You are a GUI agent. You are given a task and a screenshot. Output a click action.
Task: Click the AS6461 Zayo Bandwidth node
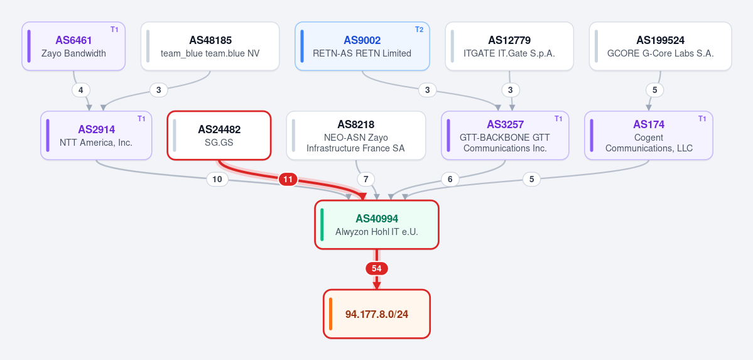(x=73, y=46)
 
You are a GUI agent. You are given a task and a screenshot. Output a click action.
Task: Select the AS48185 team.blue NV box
(x=210, y=46)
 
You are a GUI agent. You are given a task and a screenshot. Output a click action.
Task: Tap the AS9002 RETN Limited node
(x=362, y=46)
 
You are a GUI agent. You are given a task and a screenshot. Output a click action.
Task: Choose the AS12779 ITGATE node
(x=509, y=46)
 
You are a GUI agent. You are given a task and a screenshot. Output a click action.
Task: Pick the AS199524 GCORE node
(x=660, y=46)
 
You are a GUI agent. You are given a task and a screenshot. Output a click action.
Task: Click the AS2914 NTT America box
(x=96, y=136)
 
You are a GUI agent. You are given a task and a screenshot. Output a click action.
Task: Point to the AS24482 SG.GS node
(x=219, y=136)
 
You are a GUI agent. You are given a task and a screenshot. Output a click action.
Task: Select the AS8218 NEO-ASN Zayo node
(x=356, y=136)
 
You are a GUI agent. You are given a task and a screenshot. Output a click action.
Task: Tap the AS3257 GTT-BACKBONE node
(x=505, y=136)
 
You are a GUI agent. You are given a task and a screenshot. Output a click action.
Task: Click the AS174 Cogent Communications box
(x=649, y=136)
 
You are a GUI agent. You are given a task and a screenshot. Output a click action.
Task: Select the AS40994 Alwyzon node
(x=377, y=224)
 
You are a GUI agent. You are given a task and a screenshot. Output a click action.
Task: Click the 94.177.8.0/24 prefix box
(x=377, y=314)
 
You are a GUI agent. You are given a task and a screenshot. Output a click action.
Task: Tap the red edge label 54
(x=377, y=269)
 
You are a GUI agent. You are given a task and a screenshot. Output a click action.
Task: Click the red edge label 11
(x=288, y=179)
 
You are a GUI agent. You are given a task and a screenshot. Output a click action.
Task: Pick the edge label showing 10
(x=217, y=179)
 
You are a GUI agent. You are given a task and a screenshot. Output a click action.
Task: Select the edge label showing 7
(x=366, y=179)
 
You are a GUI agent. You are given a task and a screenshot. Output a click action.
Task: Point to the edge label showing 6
(x=450, y=179)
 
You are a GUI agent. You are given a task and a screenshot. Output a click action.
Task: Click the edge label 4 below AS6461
(x=80, y=90)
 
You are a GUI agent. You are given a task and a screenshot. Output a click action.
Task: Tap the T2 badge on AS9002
(x=420, y=30)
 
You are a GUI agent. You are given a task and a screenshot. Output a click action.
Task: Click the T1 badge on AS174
(x=703, y=119)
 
